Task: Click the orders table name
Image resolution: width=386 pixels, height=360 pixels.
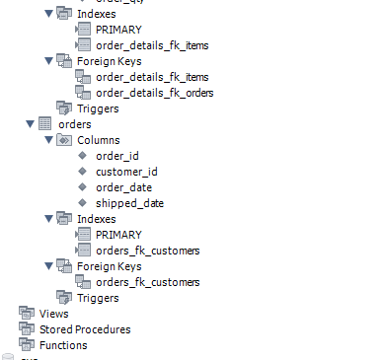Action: pyautogui.click(x=75, y=125)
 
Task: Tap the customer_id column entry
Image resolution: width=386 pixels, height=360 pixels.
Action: pyautogui.click(x=127, y=173)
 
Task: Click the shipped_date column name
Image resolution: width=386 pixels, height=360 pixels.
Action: pyautogui.click(x=129, y=203)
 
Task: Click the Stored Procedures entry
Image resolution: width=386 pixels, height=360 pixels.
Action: pyautogui.click(x=84, y=329)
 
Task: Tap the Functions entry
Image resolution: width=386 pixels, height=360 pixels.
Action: pyautogui.click(x=62, y=345)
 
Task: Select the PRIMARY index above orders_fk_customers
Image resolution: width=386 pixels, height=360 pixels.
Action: pyautogui.click(x=118, y=235)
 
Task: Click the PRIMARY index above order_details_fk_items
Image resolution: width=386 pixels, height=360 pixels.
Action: pyautogui.click(x=118, y=30)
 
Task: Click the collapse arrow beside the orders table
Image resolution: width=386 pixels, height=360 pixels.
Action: pyautogui.click(x=29, y=125)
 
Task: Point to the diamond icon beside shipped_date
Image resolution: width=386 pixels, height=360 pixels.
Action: pyautogui.click(x=83, y=203)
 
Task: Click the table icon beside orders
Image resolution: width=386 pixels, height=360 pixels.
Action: pyautogui.click(x=44, y=125)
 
